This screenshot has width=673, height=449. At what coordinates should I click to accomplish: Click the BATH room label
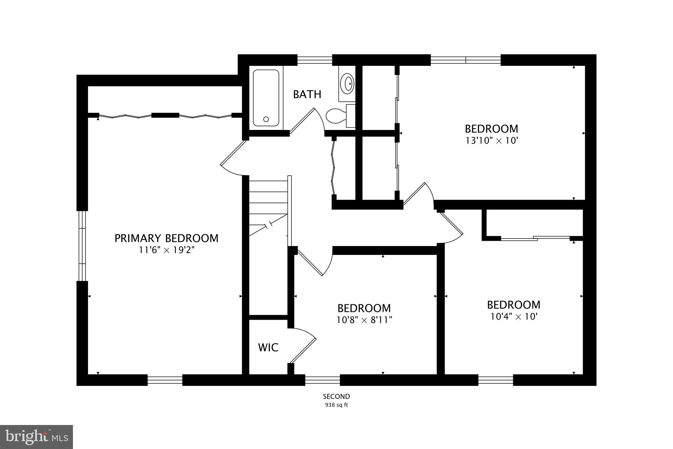tap(307, 94)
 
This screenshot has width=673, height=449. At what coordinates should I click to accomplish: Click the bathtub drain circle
tap(266, 119)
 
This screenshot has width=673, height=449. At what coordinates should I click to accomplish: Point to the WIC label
tap(268, 347)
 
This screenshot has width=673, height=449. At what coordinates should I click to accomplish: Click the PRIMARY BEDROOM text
tap(166, 238)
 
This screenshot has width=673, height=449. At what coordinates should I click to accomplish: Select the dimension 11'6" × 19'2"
tap(166, 250)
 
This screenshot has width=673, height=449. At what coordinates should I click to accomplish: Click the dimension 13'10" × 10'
tap(491, 141)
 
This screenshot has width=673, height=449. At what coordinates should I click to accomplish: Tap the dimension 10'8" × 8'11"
tap(364, 320)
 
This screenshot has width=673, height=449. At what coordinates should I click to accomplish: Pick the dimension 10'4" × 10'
tap(514, 317)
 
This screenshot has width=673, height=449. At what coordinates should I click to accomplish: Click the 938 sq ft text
tap(336, 405)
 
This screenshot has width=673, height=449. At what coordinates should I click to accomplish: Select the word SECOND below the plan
tap(336, 396)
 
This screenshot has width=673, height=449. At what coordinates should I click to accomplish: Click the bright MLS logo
tap(36, 437)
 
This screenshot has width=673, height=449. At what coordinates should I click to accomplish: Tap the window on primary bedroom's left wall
tap(82, 246)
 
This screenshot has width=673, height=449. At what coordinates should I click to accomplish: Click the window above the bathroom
tap(314, 60)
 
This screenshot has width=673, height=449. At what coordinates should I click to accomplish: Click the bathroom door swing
tap(306, 122)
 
